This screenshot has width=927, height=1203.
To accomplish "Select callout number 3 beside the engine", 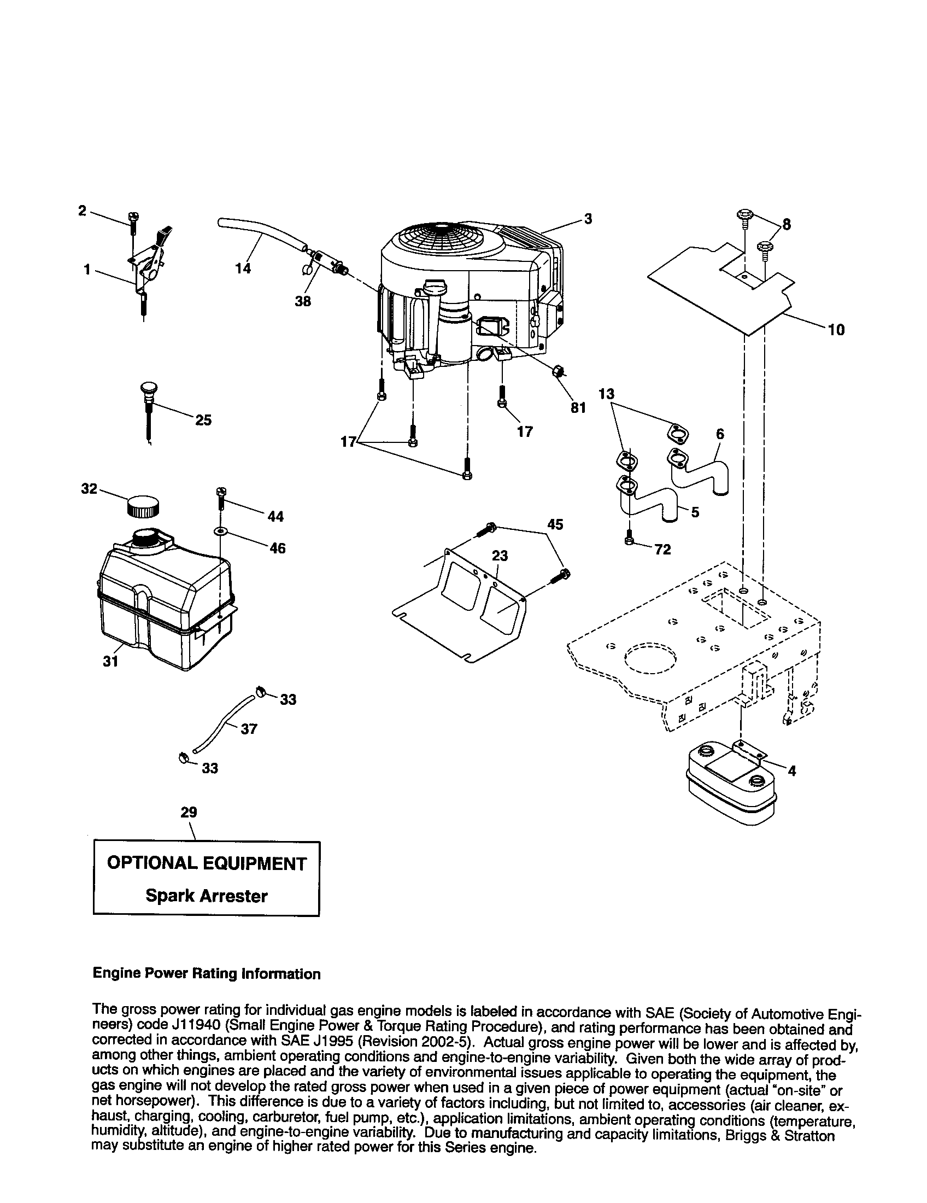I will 588,219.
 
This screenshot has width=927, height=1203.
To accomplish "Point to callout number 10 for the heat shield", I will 836,330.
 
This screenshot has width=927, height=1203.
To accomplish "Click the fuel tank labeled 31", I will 165,606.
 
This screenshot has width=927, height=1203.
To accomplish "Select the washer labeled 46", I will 221,532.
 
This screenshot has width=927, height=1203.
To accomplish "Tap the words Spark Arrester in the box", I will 207,896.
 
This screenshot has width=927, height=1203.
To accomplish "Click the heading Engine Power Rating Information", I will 207,974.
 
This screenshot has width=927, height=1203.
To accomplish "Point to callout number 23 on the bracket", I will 500,556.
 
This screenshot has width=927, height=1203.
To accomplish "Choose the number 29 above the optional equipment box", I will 189,812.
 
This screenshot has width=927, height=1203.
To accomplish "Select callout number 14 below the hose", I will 243,268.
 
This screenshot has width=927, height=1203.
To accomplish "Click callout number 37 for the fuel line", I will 249,729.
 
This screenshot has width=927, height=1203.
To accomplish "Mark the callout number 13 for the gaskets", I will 606,394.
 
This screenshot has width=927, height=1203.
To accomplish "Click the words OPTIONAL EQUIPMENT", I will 207,863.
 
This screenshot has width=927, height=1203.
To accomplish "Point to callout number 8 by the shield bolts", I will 786,224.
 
